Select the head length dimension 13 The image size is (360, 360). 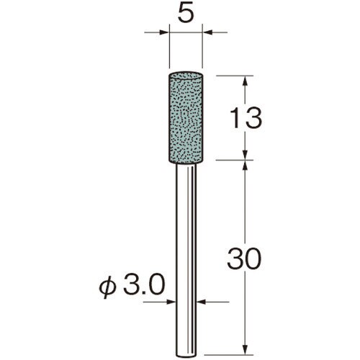point(245,118)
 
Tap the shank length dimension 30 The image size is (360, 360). point(244,258)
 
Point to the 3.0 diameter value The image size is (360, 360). point(144,286)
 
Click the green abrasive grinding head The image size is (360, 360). point(186,118)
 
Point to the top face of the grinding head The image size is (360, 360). point(186,75)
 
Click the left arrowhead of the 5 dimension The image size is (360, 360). point(164,32)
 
